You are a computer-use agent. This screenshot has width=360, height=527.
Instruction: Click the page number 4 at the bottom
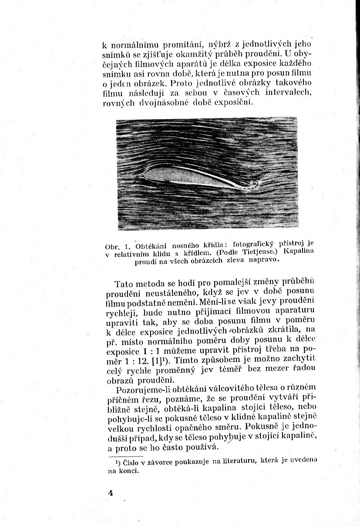tap(111, 493)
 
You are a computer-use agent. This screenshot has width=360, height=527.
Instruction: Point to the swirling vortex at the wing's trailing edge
tap(254, 184)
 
